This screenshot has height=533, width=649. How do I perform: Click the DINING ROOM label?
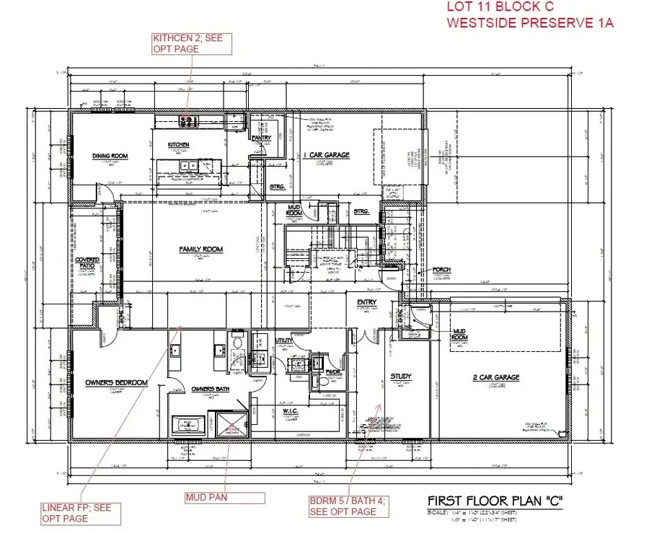110,156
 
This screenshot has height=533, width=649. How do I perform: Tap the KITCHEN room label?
179,145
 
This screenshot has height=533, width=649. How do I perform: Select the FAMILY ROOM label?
201,250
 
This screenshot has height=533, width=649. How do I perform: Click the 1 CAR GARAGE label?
327,154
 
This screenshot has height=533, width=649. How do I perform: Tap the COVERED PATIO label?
88,263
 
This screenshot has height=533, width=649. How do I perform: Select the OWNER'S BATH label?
210,389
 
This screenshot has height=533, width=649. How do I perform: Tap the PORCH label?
441,269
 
